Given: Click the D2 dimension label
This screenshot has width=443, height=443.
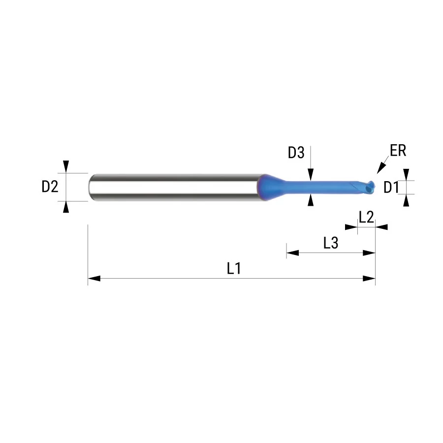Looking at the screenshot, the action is [x=50, y=187].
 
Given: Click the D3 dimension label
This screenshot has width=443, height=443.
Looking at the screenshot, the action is [x=296, y=153].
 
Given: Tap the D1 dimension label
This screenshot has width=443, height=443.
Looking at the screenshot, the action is [x=391, y=188].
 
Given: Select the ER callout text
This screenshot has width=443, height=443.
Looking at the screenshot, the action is [x=398, y=150].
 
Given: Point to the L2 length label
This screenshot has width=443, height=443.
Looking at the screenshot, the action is [x=366, y=217].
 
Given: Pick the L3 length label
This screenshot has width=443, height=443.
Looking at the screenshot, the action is [x=331, y=243].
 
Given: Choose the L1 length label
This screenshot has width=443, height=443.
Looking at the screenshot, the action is [x=234, y=268].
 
